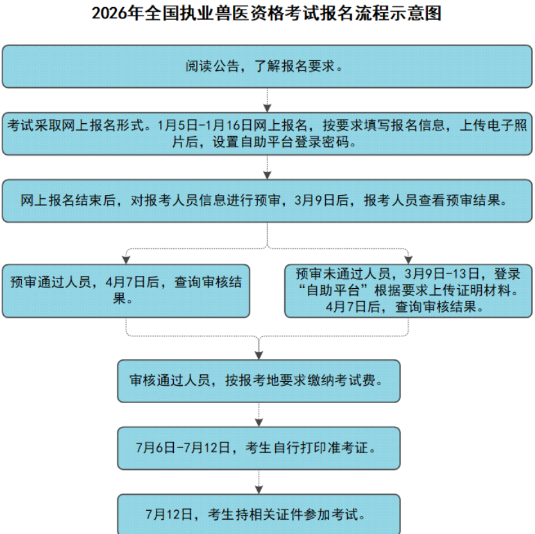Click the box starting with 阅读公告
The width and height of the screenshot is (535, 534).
[267, 66]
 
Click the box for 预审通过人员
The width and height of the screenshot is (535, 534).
[126, 290]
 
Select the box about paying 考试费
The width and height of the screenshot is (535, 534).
[259, 380]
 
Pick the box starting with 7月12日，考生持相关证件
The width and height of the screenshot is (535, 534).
[259, 513]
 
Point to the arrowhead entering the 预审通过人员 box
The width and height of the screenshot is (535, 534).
[126, 259]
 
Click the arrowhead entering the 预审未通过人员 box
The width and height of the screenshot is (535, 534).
[409, 259]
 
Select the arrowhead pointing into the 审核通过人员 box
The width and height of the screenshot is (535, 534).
[259, 354]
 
